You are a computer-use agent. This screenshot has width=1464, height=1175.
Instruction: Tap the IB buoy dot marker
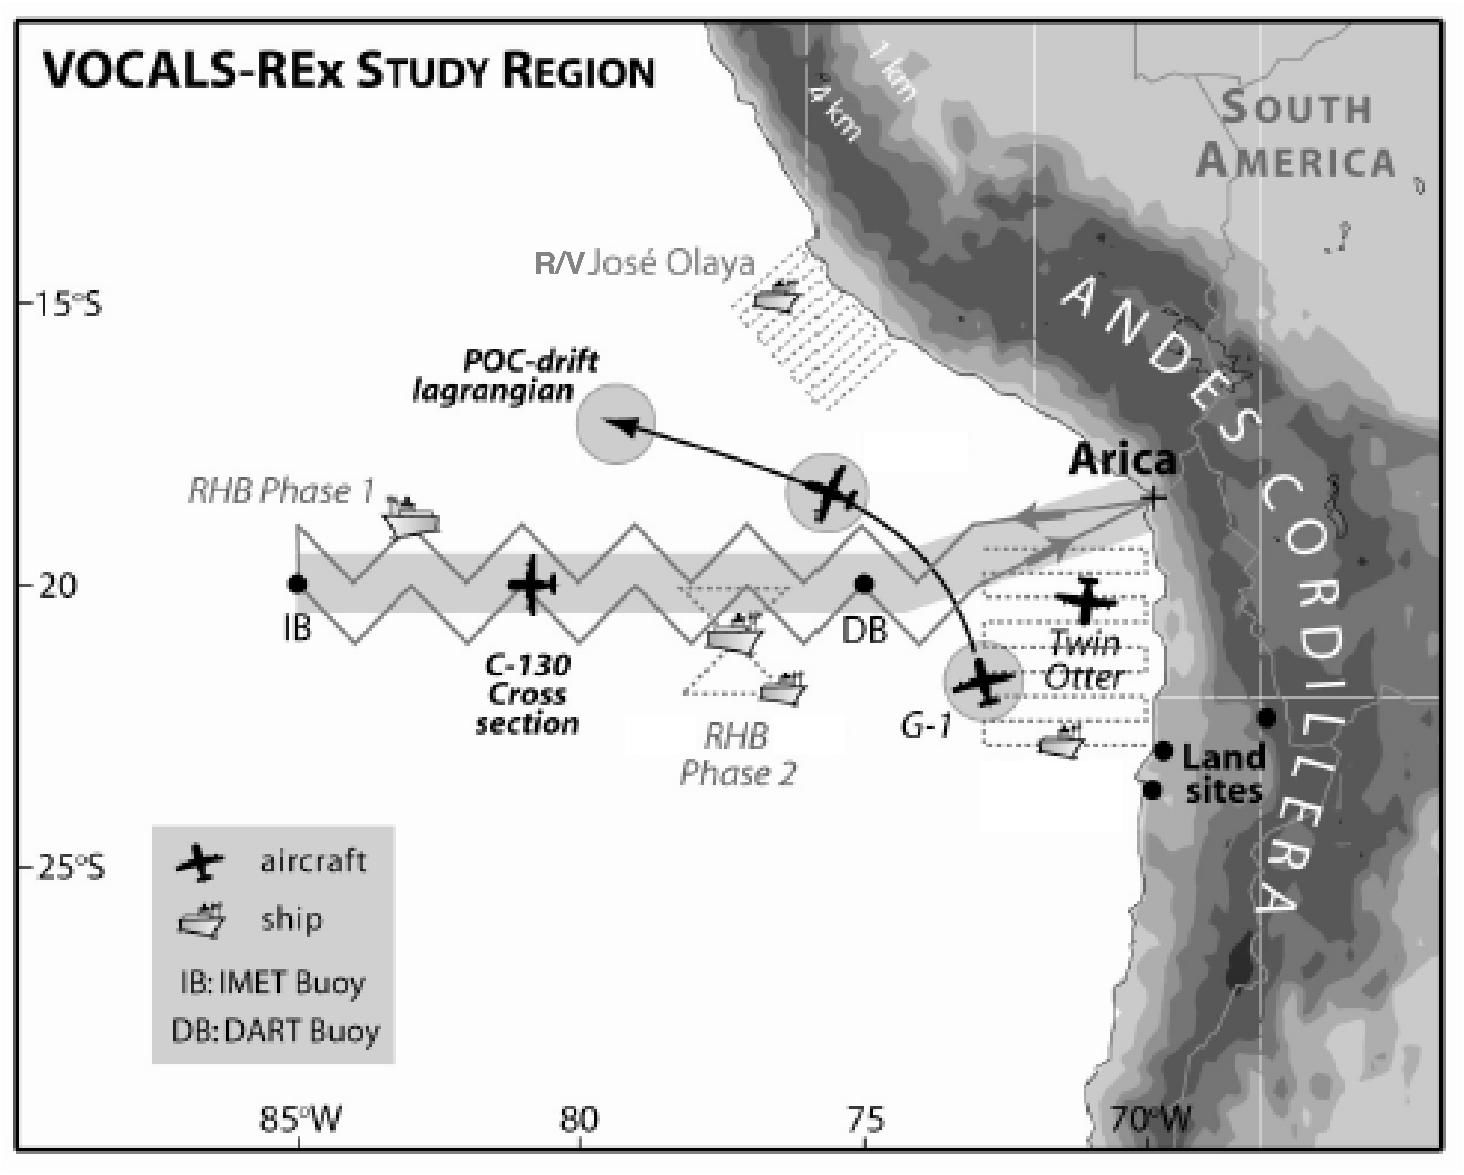(297, 584)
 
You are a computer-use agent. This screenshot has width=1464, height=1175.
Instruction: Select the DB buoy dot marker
(864, 584)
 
